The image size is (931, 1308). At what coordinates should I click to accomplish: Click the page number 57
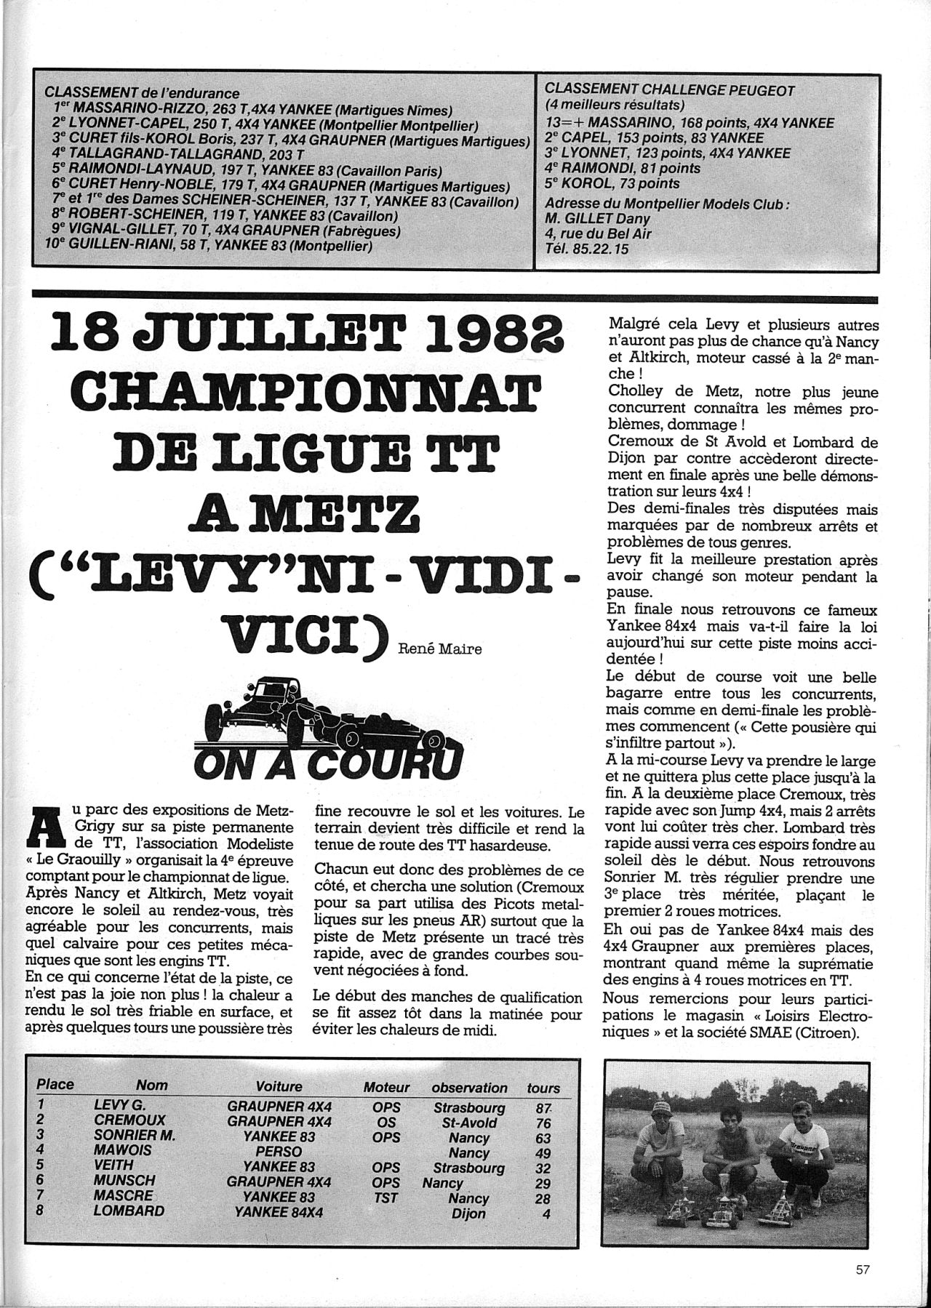pos(863,1269)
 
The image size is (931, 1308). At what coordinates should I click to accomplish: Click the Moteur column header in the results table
pos(386,1087)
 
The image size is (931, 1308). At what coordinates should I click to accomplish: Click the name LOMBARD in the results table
pos(129,1211)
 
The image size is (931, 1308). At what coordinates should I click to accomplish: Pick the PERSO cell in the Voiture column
pos(279,1152)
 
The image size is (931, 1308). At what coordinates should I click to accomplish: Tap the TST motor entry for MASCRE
pos(386,1197)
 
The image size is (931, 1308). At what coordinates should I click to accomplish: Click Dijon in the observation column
pos(468,1213)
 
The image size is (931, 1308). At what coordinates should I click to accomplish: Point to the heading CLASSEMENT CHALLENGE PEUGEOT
pos(669,91)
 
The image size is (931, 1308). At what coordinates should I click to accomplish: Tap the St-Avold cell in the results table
pos(468,1123)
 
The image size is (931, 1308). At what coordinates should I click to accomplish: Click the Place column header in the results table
pos(55,1085)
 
